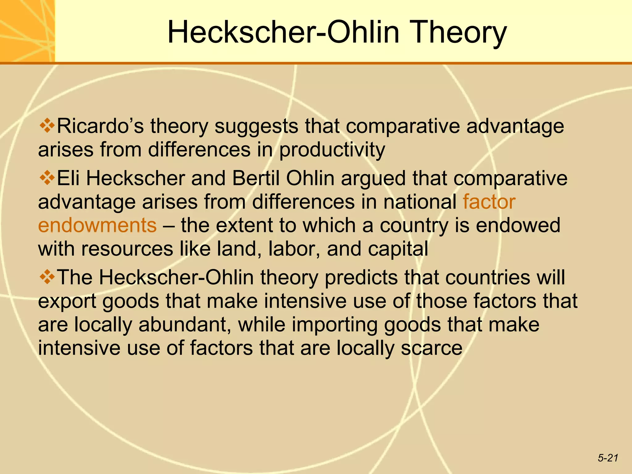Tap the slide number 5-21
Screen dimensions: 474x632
pos(608,458)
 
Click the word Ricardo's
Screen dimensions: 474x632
pos(100,126)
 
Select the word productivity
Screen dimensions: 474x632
pos(332,150)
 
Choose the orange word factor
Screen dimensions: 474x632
pos(489,202)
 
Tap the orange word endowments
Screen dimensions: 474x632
pos(97,225)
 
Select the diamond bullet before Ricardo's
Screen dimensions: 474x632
pos(47,126)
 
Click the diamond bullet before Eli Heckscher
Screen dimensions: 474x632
pos(47,178)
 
